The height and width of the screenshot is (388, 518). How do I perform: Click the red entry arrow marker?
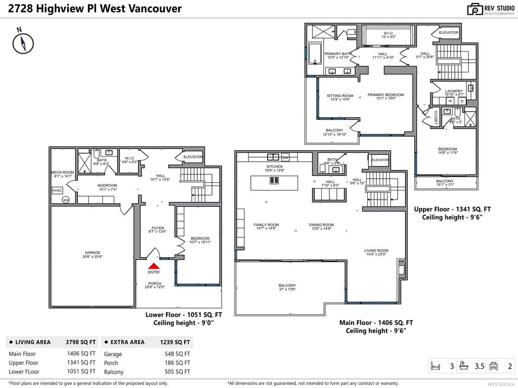pyautogui.click(x=154, y=265)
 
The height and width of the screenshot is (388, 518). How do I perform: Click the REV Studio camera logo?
pyautogui.click(x=474, y=9)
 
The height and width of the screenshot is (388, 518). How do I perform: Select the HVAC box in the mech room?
pyautogui.click(x=57, y=190)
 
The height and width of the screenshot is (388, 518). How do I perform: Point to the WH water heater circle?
pyautogui.click(x=65, y=200)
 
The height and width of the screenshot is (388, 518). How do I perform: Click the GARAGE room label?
pyautogui.click(x=93, y=253)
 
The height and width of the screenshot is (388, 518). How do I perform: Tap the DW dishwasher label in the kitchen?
pyautogui.click(x=285, y=158)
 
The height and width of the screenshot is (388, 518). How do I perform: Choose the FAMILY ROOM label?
pyautogui.click(x=266, y=225)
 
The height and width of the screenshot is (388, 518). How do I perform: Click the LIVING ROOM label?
pyautogui.click(x=376, y=251)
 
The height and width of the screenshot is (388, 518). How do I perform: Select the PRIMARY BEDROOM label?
pyautogui.click(x=385, y=95)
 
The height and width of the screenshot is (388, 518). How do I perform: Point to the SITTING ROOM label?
pyautogui.click(x=340, y=95)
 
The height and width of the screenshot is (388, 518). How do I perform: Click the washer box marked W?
pyautogui.click(x=450, y=101)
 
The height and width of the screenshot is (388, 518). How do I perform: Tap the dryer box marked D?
pyautogui.click(x=461, y=101)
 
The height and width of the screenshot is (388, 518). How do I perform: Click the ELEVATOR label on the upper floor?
pyautogui.click(x=448, y=32)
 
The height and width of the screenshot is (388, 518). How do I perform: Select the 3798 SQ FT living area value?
pyautogui.click(x=80, y=342)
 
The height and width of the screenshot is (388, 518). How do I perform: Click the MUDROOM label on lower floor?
pyautogui.click(x=107, y=185)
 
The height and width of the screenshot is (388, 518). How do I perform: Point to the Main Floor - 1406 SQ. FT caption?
pyautogui.click(x=376, y=322)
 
